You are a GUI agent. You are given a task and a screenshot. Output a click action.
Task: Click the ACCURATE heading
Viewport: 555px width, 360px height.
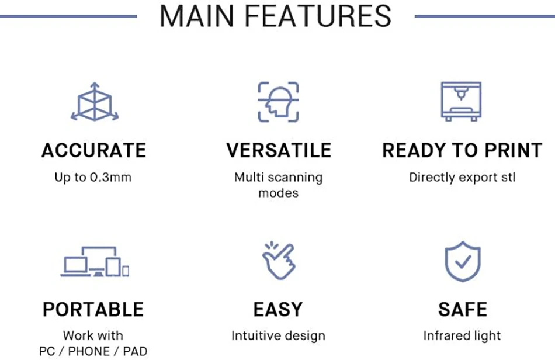[x=93, y=150]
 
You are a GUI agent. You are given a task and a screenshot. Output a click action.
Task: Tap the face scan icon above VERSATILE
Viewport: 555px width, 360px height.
[x=278, y=102]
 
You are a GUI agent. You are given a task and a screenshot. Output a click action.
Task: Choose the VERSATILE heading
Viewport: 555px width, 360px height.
[x=279, y=150]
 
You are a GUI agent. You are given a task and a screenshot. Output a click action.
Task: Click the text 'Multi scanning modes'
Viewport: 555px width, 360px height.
[x=278, y=185]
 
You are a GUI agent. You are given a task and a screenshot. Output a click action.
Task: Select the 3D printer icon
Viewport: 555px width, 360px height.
[x=461, y=101]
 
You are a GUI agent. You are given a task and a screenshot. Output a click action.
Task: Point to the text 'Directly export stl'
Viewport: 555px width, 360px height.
[x=462, y=177]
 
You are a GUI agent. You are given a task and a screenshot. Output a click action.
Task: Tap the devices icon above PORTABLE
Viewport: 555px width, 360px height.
[x=95, y=262]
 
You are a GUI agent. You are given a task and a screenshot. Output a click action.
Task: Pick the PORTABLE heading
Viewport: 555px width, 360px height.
[x=93, y=309]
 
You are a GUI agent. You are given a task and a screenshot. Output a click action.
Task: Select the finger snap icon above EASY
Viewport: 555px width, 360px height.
[x=278, y=261]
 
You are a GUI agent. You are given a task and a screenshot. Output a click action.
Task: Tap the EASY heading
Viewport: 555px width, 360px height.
[x=278, y=309]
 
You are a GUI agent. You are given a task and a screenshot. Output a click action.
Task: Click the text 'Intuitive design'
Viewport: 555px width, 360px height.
[x=278, y=336]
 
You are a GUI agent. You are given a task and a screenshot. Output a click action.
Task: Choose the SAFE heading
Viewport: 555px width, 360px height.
[x=462, y=309]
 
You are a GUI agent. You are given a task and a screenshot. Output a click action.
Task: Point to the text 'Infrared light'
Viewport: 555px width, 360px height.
[x=462, y=336]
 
